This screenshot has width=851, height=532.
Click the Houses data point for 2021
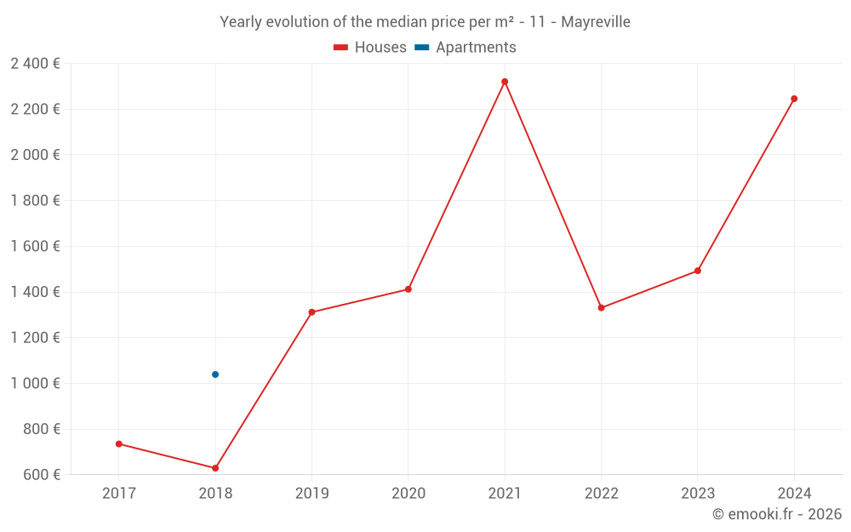point(505,82)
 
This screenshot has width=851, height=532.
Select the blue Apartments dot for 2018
point(215,375)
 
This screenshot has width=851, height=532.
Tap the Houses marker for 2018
point(215,468)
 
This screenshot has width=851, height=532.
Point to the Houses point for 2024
point(794,99)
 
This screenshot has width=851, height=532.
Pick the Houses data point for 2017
point(119,443)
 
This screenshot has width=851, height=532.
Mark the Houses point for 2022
point(601,308)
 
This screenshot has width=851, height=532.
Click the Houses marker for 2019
point(311,312)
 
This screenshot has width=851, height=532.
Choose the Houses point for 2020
point(408,289)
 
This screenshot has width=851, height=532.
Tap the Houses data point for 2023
point(698,271)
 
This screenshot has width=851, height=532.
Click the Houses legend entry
point(370,48)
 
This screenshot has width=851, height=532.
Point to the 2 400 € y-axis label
point(35,63)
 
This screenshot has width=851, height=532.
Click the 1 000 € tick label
point(35,383)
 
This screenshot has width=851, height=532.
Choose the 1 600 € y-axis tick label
point(35,246)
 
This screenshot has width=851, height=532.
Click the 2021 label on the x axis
point(505,493)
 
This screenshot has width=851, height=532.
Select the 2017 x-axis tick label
point(119,493)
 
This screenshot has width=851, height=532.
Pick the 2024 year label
point(794,493)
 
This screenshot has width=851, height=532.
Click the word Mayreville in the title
point(596,22)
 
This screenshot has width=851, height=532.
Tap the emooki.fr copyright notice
point(777,514)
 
